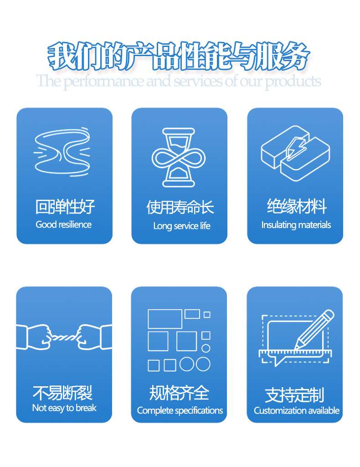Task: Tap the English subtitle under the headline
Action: pos(179,82)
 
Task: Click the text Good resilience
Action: pos(64,224)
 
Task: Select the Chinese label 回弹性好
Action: pos(65,207)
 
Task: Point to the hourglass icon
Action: pos(179,158)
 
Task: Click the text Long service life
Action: pos(181,226)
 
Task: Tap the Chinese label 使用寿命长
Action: pos(180,208)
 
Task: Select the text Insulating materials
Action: pos(296,225)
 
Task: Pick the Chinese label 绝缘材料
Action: pos(297,207)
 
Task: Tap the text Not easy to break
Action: pos(64,408)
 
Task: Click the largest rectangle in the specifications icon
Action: pos(165,319)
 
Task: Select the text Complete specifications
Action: pos(180,410)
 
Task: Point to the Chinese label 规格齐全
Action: pos(179,392)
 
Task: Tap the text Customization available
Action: pos(297,410)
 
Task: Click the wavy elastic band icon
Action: pos(62,151)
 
